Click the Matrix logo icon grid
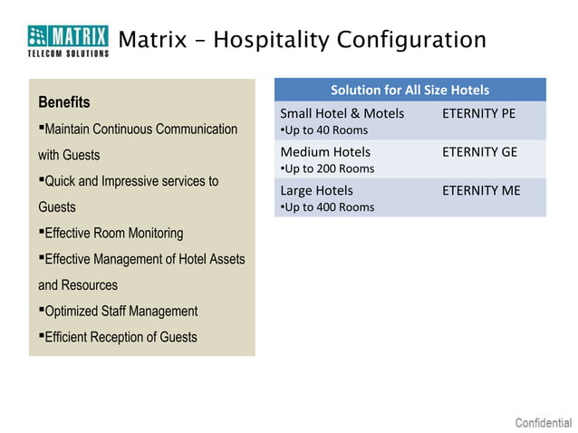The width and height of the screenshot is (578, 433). (39, 36)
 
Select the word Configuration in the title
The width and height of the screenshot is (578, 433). (412, 41)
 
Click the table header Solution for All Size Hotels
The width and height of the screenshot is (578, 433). (409, 90)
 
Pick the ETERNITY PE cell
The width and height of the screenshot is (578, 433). (477, 113)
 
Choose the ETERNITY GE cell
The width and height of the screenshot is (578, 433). (479, 151)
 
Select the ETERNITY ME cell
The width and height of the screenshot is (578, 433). (480, 190)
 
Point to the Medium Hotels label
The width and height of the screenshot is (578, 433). (325, 151)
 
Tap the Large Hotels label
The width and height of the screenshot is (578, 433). (316, 190)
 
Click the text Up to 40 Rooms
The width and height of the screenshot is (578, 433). (325, 130)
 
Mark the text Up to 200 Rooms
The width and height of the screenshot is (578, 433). (328, 168)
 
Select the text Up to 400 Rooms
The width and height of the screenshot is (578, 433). (328, 207)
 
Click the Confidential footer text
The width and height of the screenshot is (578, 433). (543, 423)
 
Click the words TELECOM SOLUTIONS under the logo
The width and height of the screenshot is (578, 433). (68, 53)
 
